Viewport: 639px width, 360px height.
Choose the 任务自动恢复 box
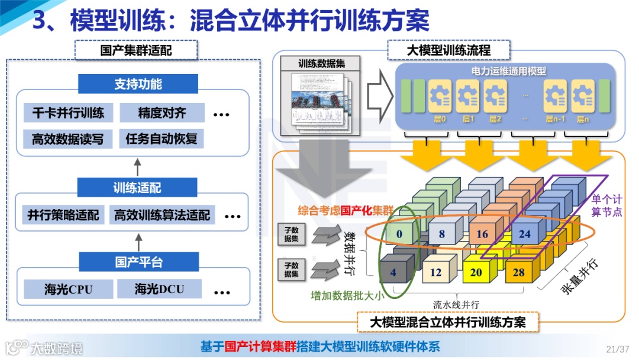tap(161, 140)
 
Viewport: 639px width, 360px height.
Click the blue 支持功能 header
tap(138, 84)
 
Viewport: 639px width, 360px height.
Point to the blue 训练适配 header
tap(137, 188)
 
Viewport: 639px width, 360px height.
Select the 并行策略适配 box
tap(63, 214)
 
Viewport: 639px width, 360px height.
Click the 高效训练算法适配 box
tap(162, 214)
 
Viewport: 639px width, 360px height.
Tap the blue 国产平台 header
tap(138, 262)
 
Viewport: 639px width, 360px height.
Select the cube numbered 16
tap(482, 234)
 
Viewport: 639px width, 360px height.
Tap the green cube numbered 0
tap(399, 234)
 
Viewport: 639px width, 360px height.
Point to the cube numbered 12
tap(435, 273)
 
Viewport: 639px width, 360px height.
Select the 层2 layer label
tap(495, 119)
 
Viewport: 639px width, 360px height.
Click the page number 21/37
tap(618, 348)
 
